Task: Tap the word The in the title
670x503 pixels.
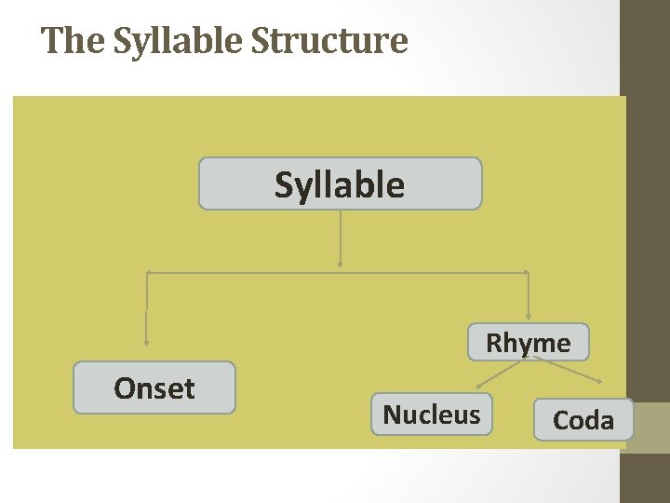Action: (x=68, y=41)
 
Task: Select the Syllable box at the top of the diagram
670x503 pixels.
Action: (x=340, y=184)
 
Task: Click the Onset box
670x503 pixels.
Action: (x=154, y=387)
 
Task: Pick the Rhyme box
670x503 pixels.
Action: (x=529, y=342)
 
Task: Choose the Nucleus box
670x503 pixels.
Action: (x=432, y=415)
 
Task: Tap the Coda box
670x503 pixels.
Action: (x=583, y=420)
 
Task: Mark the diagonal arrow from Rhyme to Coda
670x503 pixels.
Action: (x=569, y=371)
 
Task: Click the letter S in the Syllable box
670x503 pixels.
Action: (x=283, y=184)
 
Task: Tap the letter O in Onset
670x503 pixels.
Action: (x=124, y=388)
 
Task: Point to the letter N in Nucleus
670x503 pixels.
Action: (x=391, y=415)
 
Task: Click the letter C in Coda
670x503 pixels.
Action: (x=561, y=421)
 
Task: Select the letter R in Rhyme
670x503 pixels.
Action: (x=494, y=343)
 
